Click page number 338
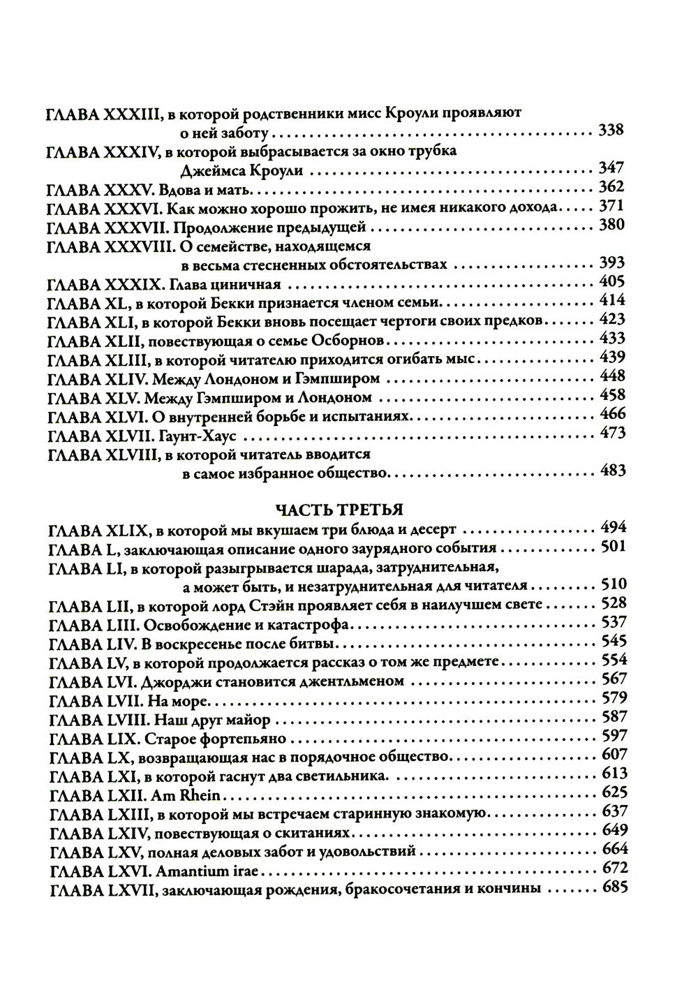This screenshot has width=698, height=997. [x=611, y=131]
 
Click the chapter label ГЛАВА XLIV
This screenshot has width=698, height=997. [x=94, y=379]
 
